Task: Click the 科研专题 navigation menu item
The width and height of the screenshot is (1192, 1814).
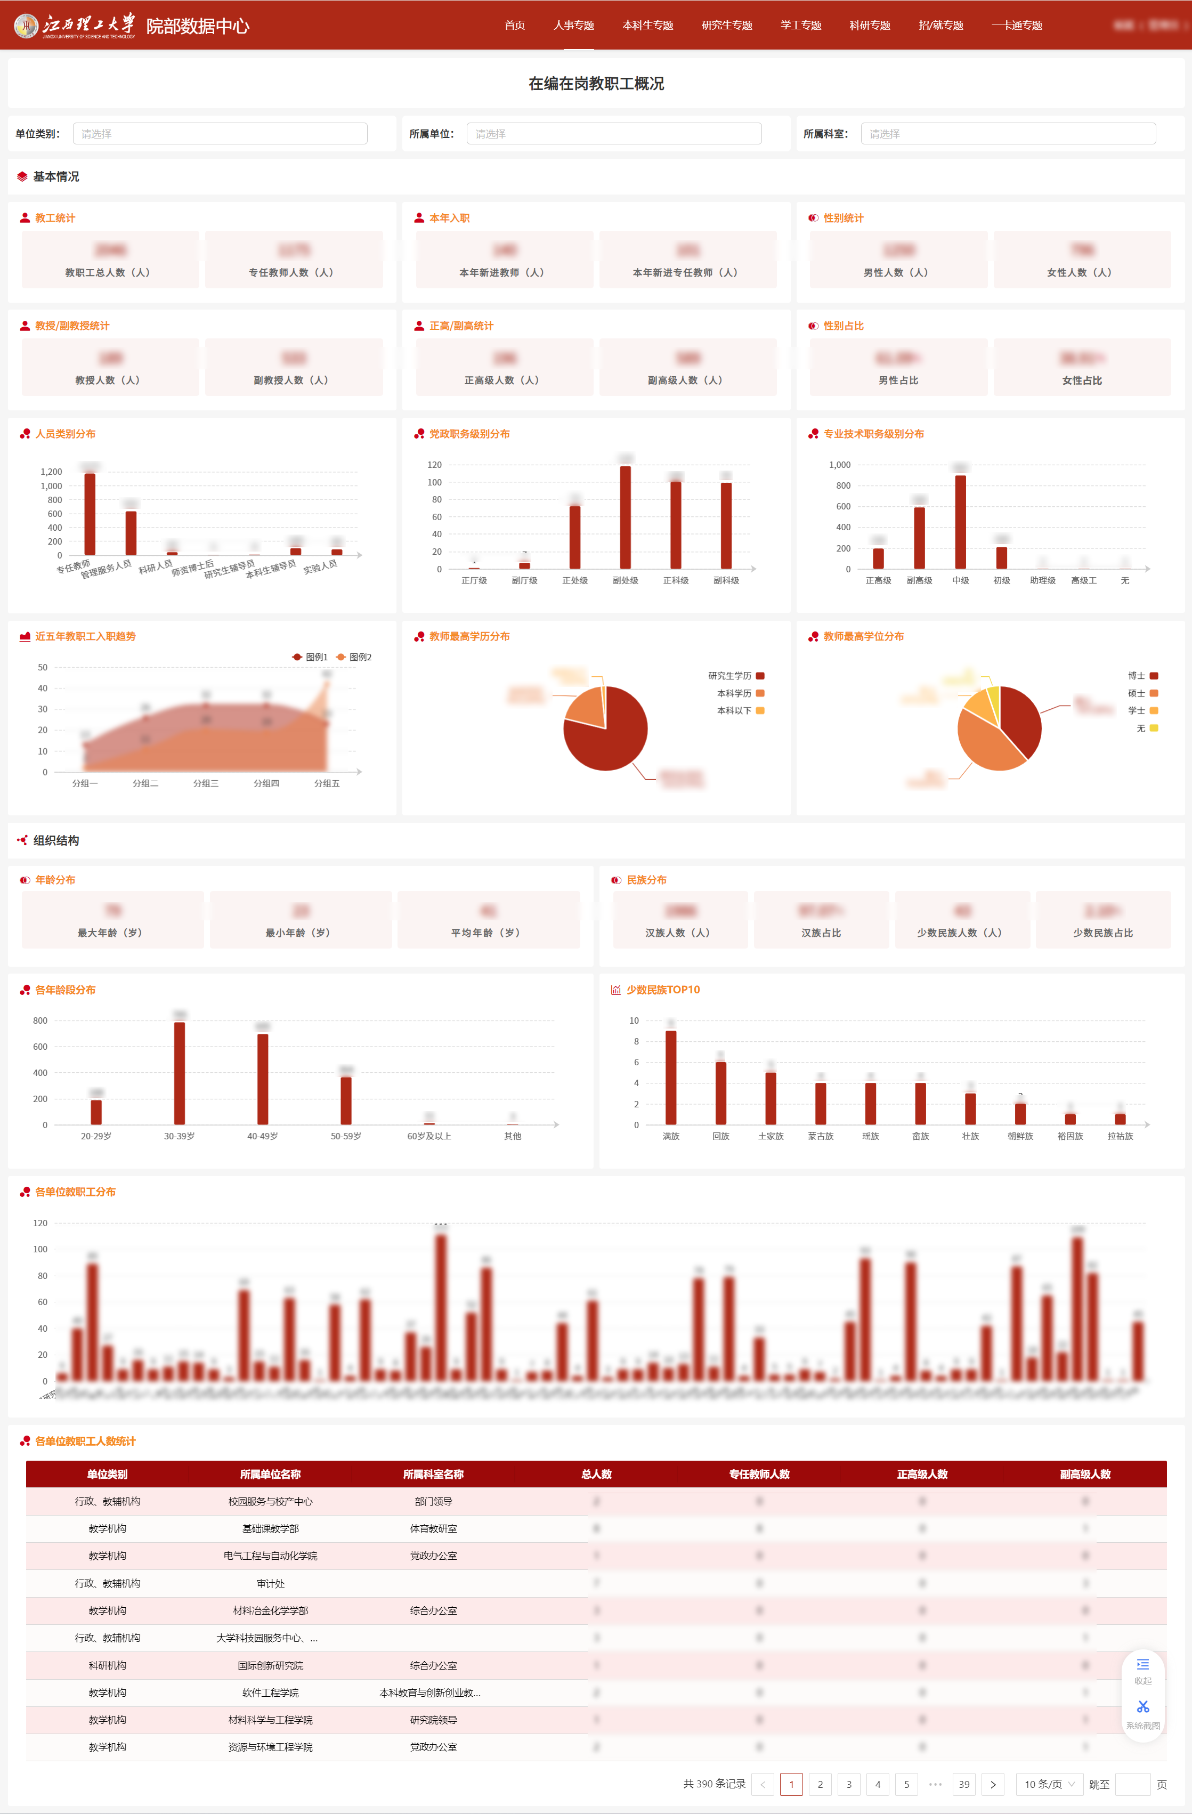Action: [870, 25]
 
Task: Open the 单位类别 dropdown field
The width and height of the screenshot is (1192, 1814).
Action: [220, 133]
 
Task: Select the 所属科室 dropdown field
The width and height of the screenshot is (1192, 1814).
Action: [1008, 133]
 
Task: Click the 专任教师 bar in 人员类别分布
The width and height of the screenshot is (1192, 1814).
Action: [90, 514]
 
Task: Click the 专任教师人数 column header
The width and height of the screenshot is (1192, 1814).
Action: [759, 1473]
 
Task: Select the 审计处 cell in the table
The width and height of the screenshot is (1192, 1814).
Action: [271, 1583]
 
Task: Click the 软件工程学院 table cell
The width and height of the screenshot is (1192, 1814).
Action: [271, 1692]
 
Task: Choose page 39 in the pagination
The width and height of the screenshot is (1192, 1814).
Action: [963, 1784]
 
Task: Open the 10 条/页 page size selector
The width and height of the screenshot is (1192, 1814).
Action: [1049, 1784]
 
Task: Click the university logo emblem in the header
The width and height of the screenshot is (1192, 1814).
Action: [27, 25]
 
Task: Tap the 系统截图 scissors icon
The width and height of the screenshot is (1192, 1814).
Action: [1142, 1706]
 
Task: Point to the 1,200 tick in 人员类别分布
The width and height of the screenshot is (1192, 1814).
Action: [51, 472]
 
